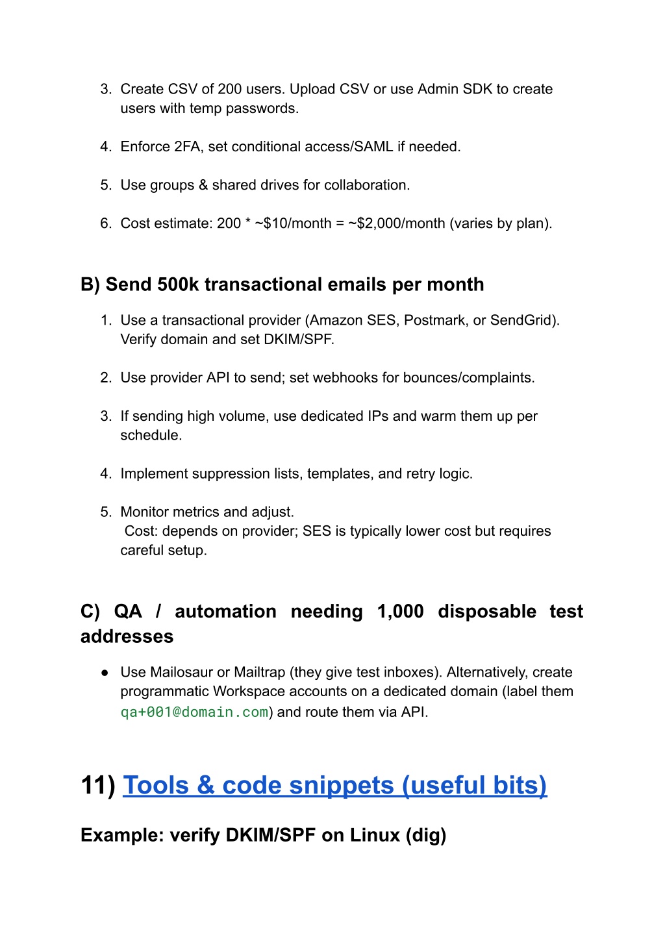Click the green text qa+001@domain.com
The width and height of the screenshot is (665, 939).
click(194, 712)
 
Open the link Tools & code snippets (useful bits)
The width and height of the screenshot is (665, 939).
click(334, 786)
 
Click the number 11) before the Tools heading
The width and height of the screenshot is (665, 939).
click(98, 786)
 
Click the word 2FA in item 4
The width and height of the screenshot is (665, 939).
click(187, 147)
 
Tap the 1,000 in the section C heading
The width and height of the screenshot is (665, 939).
click(400, 612)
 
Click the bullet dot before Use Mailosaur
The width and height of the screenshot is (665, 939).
click(105, 673)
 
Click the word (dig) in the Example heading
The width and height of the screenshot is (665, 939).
click(426, 835)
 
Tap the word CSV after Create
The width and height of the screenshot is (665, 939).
click(182, 89)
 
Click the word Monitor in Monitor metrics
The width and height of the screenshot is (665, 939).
click(144, 512)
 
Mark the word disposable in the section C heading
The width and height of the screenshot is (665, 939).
click(487, 612)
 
